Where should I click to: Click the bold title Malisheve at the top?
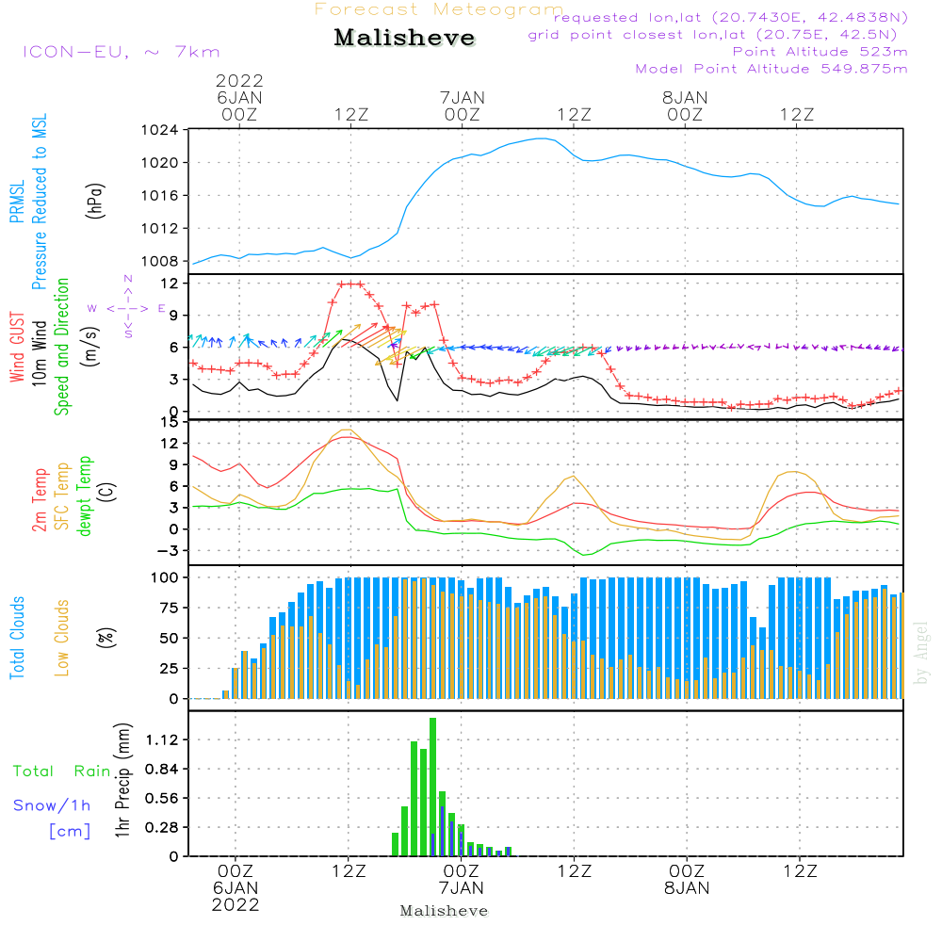click(x=404, y=39)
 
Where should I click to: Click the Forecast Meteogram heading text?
click(x=439, y=9)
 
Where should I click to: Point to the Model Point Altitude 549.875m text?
click(x=771, y=69)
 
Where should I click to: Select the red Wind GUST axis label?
click(x=17, y=349)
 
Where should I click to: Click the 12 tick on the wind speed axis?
click(x=171, y=283)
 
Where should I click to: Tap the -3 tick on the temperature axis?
click(x=168, y=550)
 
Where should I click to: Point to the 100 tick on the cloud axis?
click(x=166, y=577)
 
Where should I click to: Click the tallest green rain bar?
click(x=432, y=787)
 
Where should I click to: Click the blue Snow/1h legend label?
click(x=52, y=805)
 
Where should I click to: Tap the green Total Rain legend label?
click(x=62, y=771)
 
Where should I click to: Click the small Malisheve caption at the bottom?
click(x=444, y=911)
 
